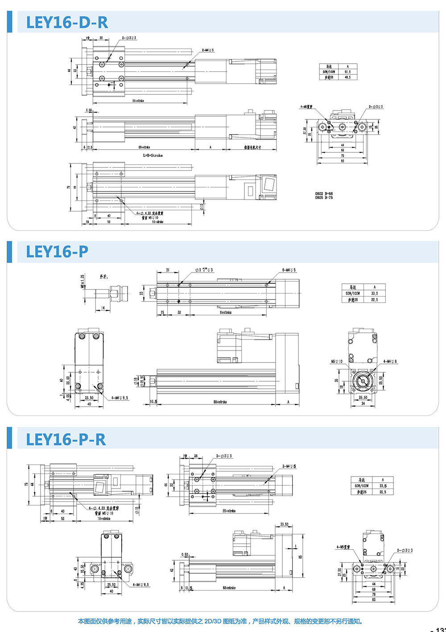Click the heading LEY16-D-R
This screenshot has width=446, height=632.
[x=67, y=22]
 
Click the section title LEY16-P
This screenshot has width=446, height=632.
[x=57, y=252]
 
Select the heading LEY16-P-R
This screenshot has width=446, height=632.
[x=66, y=440]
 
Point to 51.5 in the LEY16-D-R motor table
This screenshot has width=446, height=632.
[x=347, y=72]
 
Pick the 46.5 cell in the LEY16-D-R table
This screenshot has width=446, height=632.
[x=347, y=77]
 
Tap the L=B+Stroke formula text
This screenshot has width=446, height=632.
[x=153, y=155]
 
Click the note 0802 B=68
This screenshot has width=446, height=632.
[x=324, y=194]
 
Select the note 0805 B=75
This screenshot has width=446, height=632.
[x=324, y=198]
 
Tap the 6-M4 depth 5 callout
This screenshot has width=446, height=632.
[x=289, y=270]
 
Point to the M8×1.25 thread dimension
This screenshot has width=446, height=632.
[x=83, y=281]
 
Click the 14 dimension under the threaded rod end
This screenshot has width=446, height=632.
[x=103, y=308]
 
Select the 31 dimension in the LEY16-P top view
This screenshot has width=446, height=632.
[x=168, y=270]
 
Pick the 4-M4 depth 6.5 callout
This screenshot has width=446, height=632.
[x=120, y=398]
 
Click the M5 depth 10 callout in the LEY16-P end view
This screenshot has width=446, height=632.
[x=337, y=362]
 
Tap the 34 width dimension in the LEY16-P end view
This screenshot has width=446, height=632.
[x=363, y=404]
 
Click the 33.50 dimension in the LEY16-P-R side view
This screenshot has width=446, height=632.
[x=284, y=524]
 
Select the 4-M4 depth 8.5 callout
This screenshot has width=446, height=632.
[x=140, y=584]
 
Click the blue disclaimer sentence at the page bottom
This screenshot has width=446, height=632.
[x=220, y=621]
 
